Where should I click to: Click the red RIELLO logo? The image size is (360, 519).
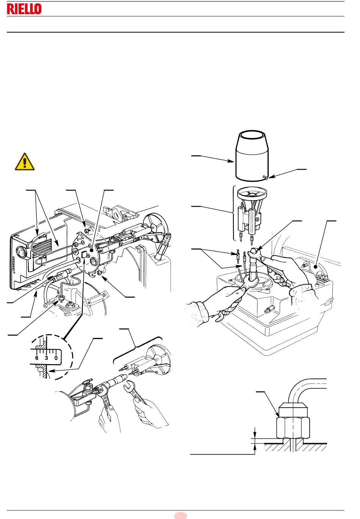pos(24,9)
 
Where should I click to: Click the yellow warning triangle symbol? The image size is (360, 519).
pos(25,162)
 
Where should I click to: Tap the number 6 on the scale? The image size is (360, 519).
pos(37,358)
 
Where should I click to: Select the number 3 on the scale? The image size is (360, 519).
pos(46,358)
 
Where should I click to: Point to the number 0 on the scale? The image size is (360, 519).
pos(56,358)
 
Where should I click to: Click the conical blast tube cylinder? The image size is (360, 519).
pos(252,155)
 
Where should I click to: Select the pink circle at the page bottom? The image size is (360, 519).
pos(180,516)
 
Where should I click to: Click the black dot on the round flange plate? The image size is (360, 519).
pos(92,250)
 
